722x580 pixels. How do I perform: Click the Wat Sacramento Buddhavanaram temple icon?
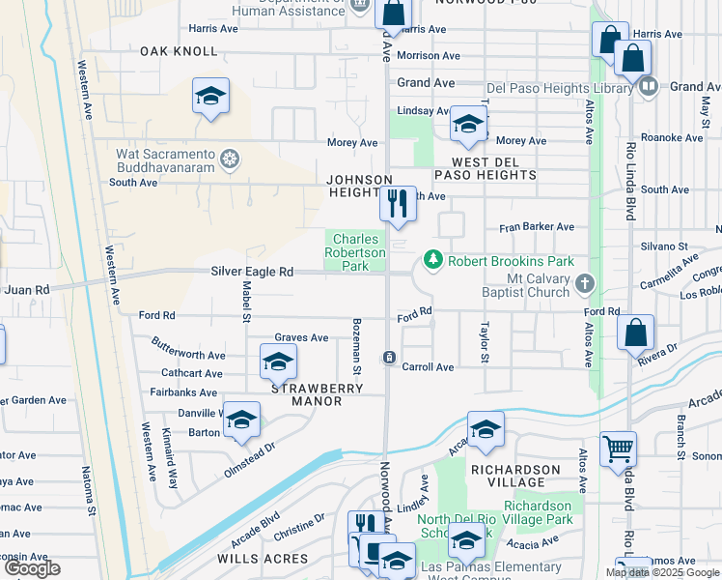pos(230,159)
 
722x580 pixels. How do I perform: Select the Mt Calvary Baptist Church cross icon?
pos(584,283)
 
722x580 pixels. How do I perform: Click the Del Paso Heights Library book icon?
pos(648,86)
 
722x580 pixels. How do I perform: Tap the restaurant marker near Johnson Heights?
pos(397,204)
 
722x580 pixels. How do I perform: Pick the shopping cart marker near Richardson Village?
pos(619,448)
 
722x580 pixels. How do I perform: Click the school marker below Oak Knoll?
pos(210,96)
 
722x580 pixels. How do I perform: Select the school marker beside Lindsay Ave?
pos(468,124)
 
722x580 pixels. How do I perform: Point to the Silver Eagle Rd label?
pos(252,273)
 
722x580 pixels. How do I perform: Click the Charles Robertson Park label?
pos(359,252)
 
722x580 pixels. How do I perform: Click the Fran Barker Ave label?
pos(536,228)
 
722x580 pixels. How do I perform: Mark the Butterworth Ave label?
pos(188,344)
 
